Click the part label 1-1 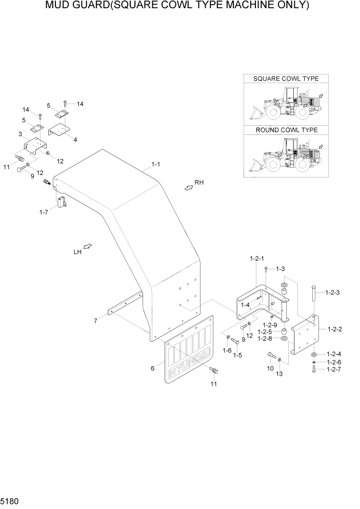[155, 164]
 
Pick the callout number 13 [279, 374]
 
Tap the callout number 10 [270, 368]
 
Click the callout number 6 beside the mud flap [153, 367]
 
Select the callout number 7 [95, 321]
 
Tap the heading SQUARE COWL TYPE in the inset [286, 79]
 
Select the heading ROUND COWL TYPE [286, 130]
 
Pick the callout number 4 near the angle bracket [75, 139]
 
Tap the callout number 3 [19, 134]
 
